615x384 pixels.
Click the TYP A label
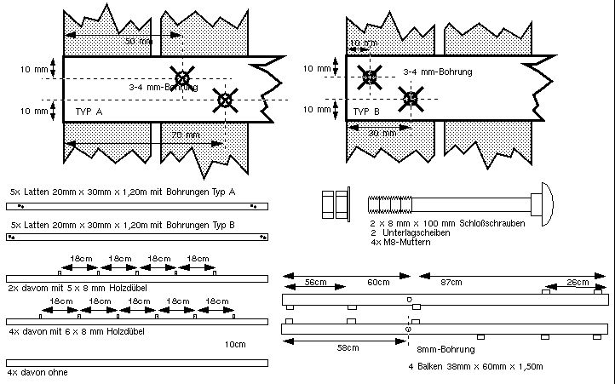89,112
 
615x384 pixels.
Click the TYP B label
367,112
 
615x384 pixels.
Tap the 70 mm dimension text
183,135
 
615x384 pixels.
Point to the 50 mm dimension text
135,41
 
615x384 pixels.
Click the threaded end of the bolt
391,203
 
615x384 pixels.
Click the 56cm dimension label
316,283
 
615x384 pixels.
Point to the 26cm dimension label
577,283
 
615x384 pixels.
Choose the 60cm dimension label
379,283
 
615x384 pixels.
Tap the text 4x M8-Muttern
401,243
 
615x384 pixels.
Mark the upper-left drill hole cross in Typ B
369,77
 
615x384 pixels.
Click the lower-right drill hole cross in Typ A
225,100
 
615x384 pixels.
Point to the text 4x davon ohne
37,373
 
